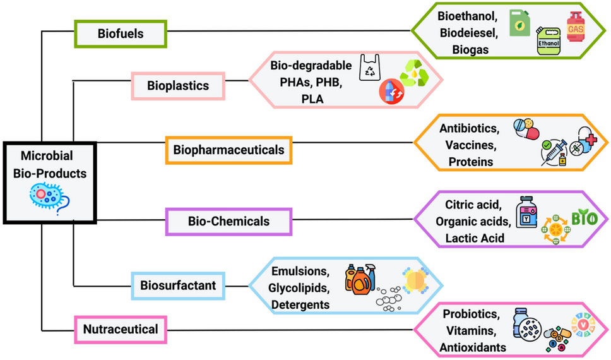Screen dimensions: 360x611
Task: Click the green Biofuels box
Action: [x=121, y=33]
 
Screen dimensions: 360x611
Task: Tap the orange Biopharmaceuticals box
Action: [x=228, y=150]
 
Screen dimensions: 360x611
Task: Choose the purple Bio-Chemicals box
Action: [x=228, y=221]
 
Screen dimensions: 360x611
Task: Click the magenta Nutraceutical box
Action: [x=121, y=328]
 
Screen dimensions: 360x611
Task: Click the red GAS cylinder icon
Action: [x=575, y=27]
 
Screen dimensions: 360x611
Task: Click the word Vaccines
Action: [x=471, y=145]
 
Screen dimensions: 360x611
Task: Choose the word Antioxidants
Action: [x=474, y=347]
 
